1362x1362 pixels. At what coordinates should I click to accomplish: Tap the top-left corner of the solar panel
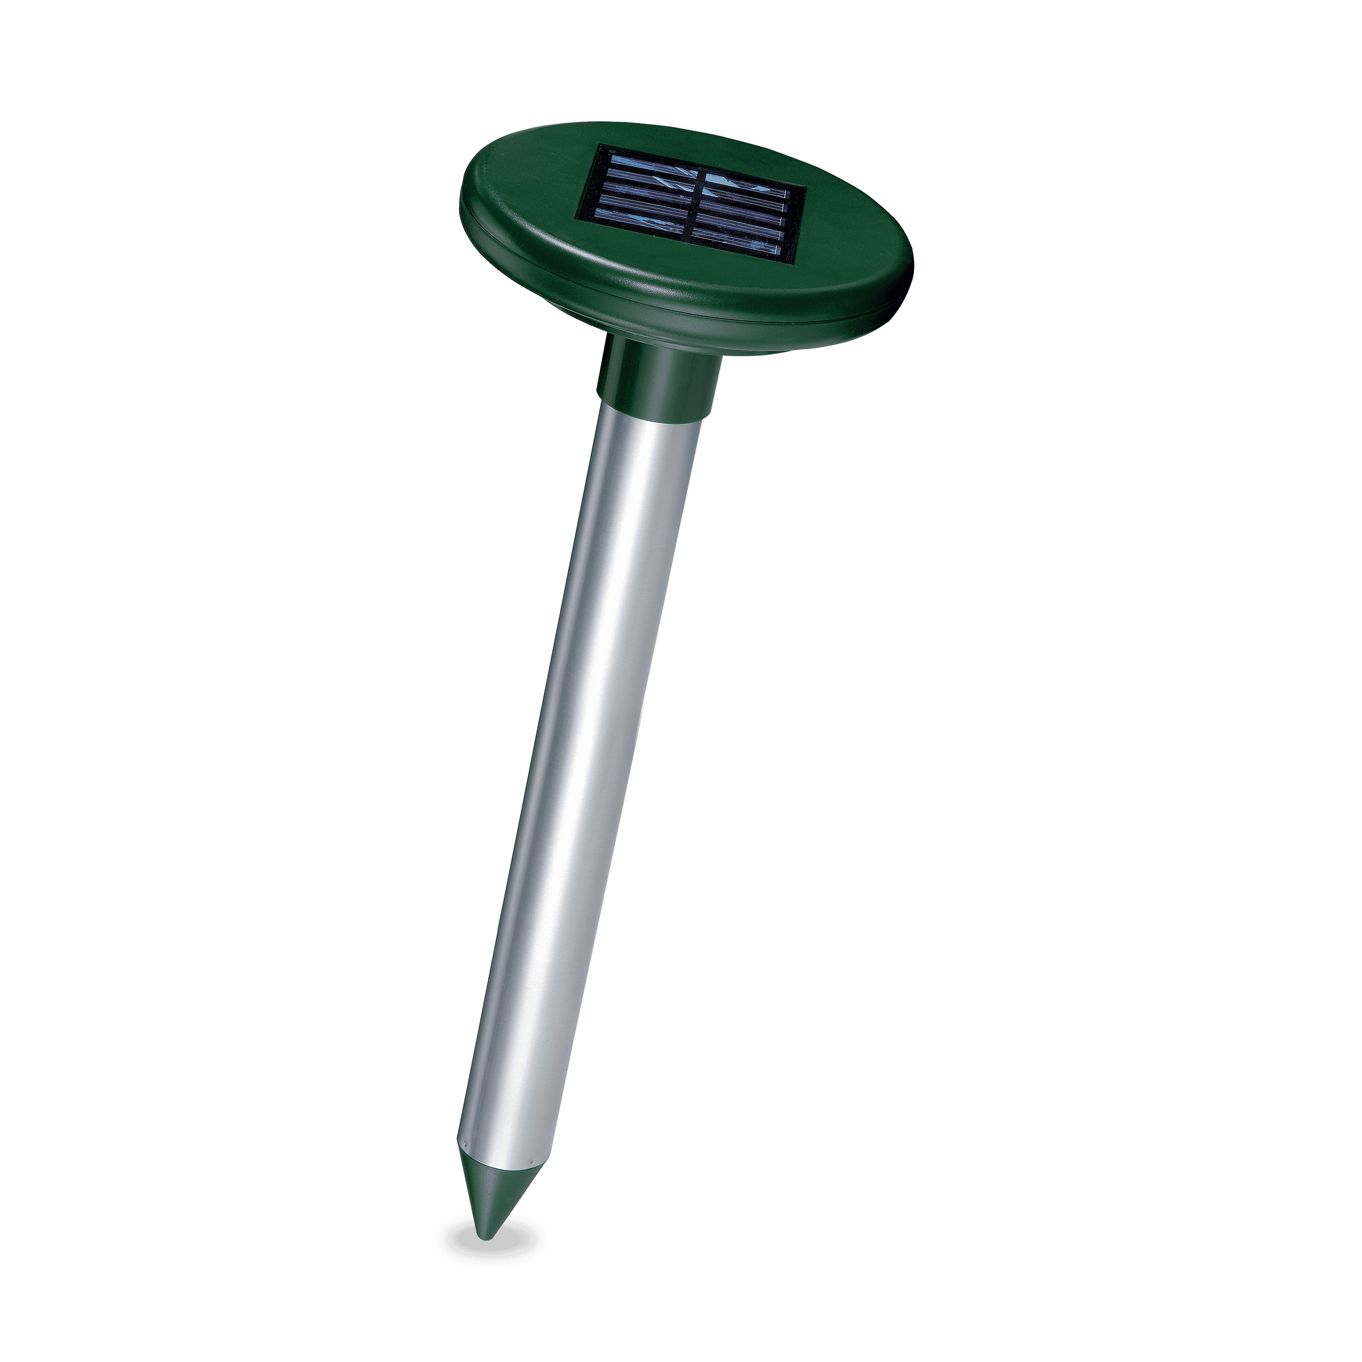[600, 146]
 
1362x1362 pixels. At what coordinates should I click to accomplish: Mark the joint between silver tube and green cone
[503, 1170]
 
